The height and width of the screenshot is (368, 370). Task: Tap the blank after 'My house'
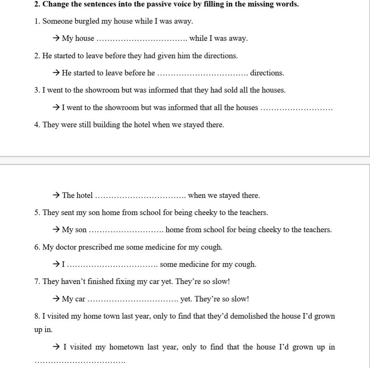pos(142,39)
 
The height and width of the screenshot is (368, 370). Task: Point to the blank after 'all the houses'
pos(296,108)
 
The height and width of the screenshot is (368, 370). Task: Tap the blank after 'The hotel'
pos(140,196)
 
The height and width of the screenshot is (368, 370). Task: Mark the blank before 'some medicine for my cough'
pos(112,265)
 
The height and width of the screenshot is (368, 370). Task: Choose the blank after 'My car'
pos(133,300)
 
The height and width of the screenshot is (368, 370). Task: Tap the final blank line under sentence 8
pos(79,361)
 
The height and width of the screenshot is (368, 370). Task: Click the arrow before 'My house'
pos(56,38)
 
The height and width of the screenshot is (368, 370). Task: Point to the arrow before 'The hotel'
pos(56,195)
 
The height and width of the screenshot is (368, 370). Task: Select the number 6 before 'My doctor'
pos(36,248)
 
